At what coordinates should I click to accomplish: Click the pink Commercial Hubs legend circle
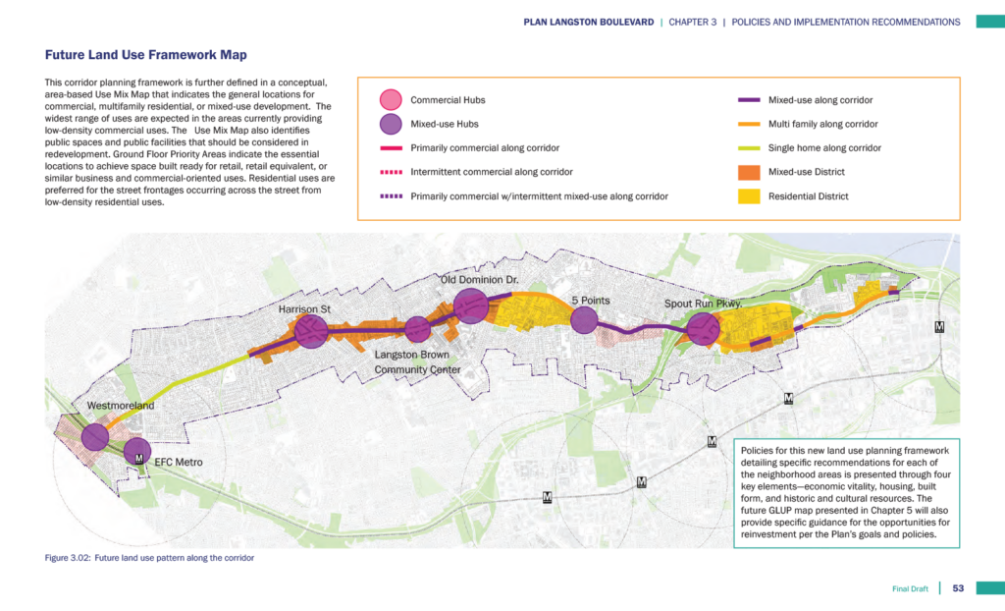[x=391, y=100]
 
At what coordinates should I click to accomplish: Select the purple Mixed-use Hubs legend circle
[x=391, y=124]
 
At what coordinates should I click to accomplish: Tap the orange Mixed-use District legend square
[x=750, y=172]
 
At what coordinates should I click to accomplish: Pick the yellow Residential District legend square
[x=750, y=196]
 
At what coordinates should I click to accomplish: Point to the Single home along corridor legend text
[x=824, y=148]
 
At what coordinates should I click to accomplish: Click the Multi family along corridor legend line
[x=750, y=125]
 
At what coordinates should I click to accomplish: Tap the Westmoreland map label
[x=121, y=406]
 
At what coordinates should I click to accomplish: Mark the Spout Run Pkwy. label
[x=703, y=304]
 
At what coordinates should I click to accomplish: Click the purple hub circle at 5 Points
[x=584, y=320]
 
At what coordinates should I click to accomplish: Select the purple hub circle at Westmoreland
[x=95, y=437]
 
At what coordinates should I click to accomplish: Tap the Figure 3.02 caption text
[x=149, y=558]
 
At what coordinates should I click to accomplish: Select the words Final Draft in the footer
[x=911, y=588]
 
